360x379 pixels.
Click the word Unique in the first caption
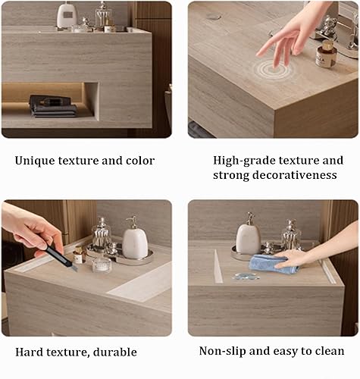(34, 161)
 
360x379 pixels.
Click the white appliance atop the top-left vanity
(67, 16)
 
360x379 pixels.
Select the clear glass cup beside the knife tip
(101, 265)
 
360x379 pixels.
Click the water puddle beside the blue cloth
(243, 276)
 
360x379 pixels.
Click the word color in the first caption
(139, 161)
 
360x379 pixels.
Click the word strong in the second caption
(231, 175)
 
